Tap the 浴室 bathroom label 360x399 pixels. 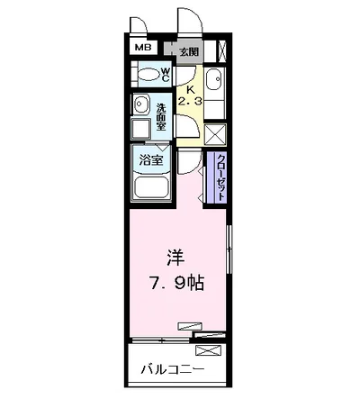(x=149, y=161)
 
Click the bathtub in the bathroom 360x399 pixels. (x=151, y=188)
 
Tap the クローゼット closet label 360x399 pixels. (x=220, y=177)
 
